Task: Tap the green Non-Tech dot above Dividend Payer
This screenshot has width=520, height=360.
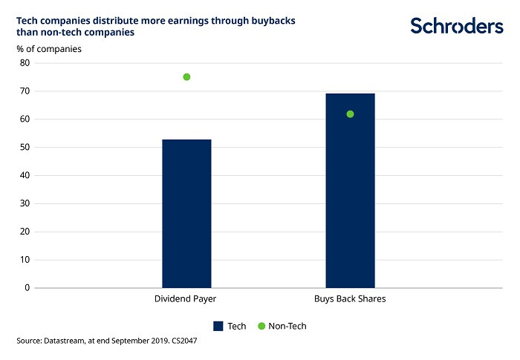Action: point(186,77)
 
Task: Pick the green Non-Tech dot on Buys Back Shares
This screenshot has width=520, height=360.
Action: point(350,114)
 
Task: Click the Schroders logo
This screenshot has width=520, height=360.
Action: point(456,26)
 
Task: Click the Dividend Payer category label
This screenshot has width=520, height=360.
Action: point(185,299)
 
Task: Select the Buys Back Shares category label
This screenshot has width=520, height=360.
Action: point(348,299)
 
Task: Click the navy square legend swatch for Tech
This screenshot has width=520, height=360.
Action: point(218,326)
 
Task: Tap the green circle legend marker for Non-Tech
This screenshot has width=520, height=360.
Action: point(261,326)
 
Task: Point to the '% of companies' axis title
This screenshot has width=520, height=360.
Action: point(49,49)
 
